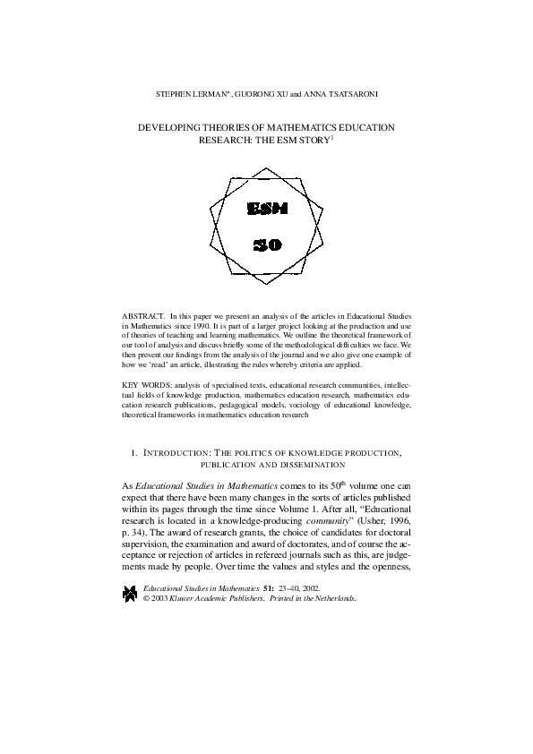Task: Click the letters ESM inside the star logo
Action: pos(266,209)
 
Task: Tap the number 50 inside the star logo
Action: pos(266,244)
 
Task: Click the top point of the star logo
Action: pos(266,165)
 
